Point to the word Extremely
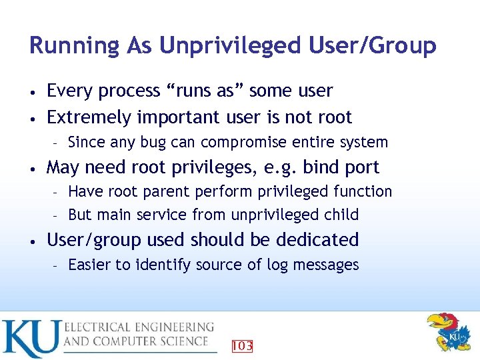[x=89, y=117]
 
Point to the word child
[x=341, y=215]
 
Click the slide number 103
[x=241, y=346]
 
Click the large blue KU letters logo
[x=30, y=339]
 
